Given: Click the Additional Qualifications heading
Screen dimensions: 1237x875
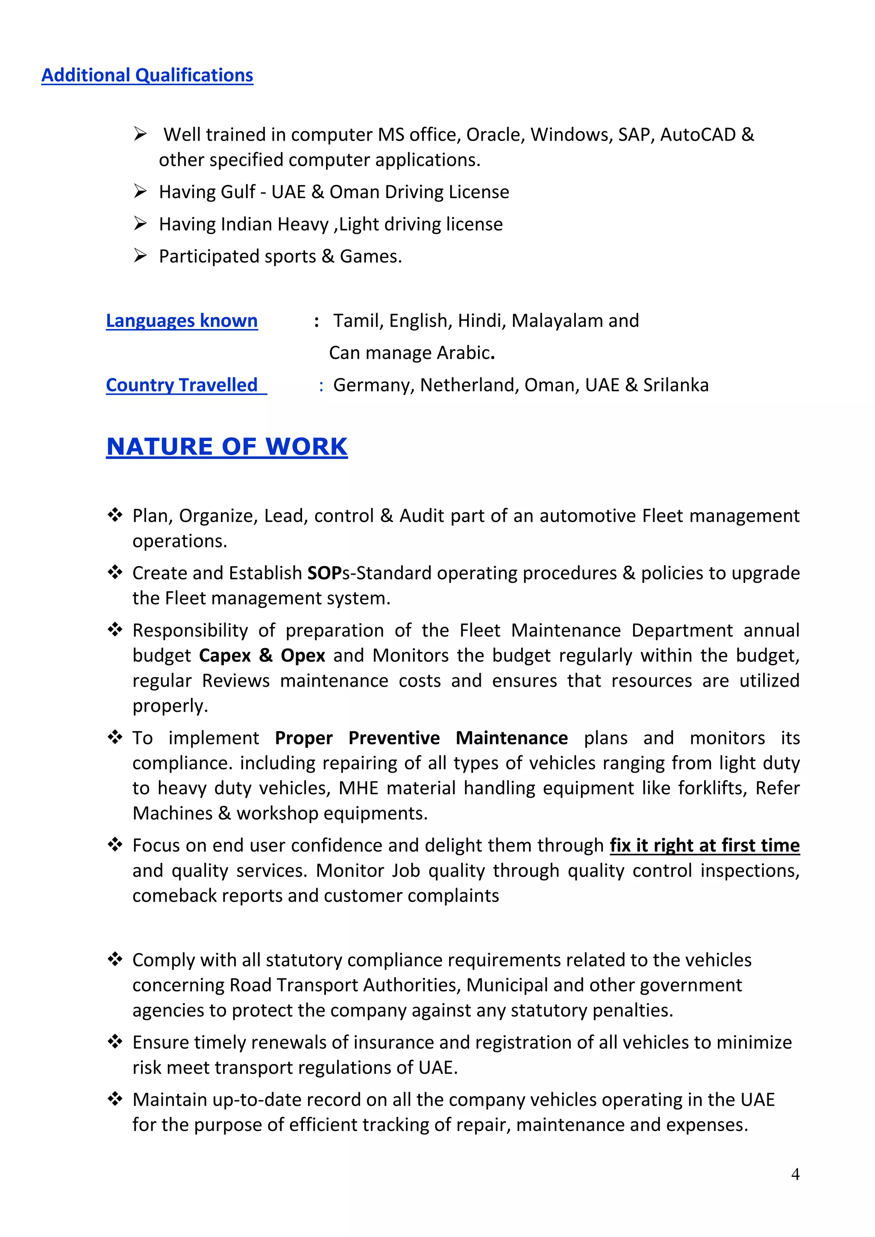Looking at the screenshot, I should (x=147, y=76).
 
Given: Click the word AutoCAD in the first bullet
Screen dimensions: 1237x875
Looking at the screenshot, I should (x=698, y=135).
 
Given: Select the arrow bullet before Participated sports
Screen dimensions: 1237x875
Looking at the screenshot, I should (x=140, y=256).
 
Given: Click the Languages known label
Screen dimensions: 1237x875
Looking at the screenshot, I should (x=182, y=320).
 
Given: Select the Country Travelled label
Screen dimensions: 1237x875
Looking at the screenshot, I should (x=182, y=385).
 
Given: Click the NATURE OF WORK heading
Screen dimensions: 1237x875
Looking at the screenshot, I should (x=227, y=447).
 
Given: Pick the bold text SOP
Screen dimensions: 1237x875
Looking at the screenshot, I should (x=324, y=573).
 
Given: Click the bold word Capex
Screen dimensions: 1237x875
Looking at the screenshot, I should (x=225, y=656).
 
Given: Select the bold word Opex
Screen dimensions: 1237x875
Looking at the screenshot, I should (x=303, y=656).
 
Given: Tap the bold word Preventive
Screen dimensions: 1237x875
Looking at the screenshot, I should (x=394, y=738).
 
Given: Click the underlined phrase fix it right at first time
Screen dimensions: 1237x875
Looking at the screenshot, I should (x=704, y=846).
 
